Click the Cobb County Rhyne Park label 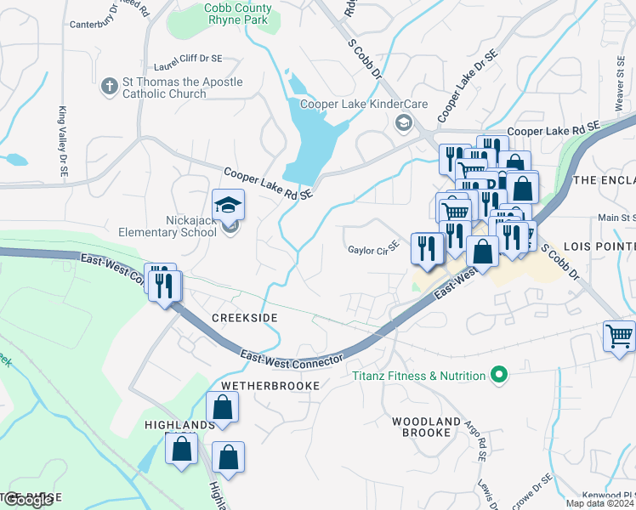(226, 14)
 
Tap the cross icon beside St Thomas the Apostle (109, 87)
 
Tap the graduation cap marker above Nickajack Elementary (228, 205)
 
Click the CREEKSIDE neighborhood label (244, 317)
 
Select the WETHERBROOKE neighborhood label (270, 386)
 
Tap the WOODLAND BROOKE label (420, 427)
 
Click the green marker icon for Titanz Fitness (500, 375)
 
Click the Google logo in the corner (27, 501)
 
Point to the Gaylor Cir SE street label (373, 250)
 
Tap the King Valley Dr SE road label (63, 141)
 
